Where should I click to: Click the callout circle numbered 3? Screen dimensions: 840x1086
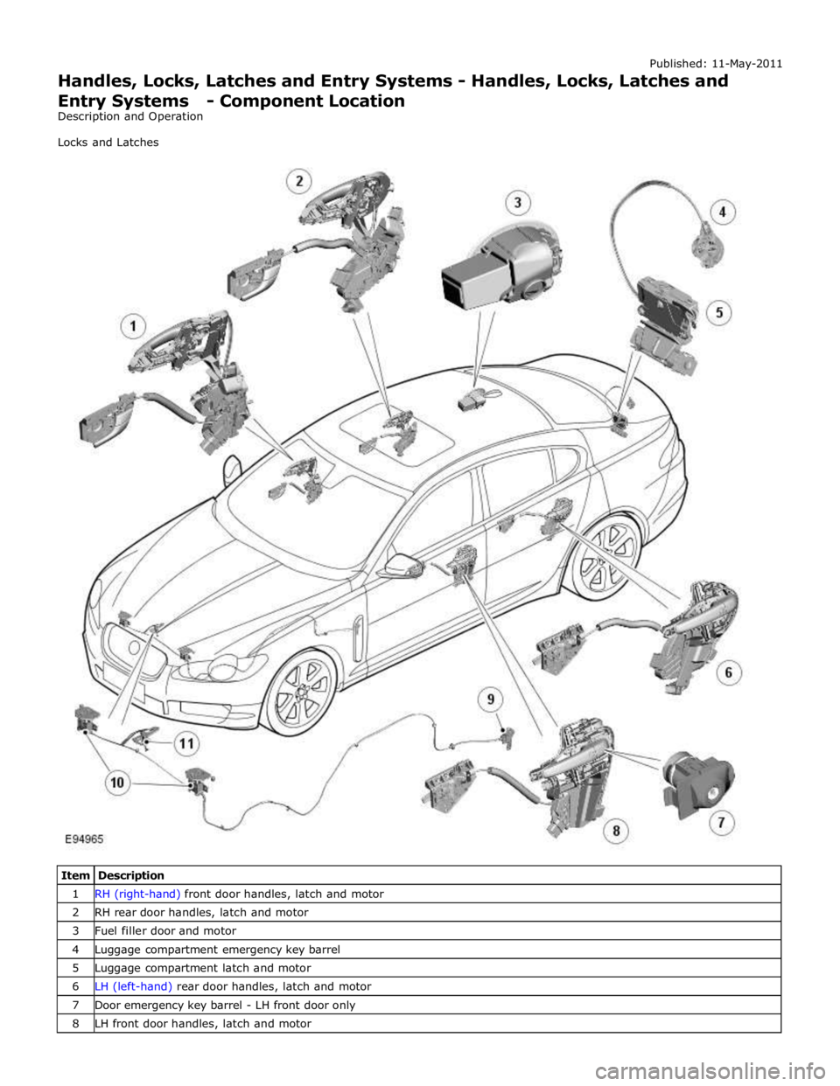coord(517,203)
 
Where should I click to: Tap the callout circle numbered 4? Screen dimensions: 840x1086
coord(723,212)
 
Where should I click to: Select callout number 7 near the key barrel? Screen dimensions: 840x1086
coord(721,822)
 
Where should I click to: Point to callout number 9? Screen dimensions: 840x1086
coord(491,699)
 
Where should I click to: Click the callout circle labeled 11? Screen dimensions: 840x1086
coord(186,743)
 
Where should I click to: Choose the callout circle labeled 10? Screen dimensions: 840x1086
coord(117,782)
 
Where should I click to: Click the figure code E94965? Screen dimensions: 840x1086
coord(85,839)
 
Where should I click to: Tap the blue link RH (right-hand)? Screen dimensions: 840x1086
coord(137,895)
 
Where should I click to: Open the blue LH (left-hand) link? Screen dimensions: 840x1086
coord(134,986)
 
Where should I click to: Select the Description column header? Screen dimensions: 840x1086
coord(131,875)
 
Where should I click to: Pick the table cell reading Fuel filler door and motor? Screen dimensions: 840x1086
coord(165,931)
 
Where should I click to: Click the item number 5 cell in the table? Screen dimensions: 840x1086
coord(75,968)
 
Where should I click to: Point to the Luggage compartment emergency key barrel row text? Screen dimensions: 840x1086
coord(218,950)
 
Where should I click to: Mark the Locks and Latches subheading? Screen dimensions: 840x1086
coord(108,143)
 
